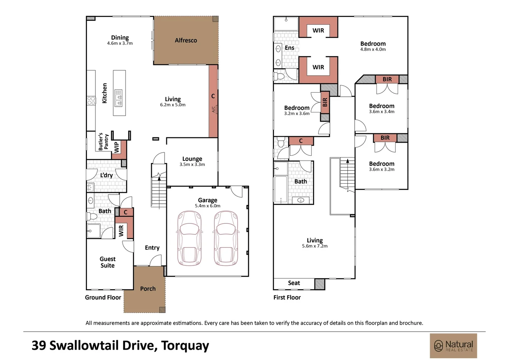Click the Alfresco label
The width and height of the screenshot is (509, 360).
pyautogui.click(x=186, y=40)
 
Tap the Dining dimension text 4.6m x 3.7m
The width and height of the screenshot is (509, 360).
pyautogui.click(x=120, y=43)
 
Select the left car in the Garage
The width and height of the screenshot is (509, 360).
pyautogui.click(x=189, y=238)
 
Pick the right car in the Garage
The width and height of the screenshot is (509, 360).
pyautogui.click(x=226, y=238)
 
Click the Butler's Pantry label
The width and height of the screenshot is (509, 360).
pyautogui.click(x=103, y=141)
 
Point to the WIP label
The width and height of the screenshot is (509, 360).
pyautogui.click(x=116, y=147)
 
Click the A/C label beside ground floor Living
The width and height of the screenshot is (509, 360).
pyautogui.click(x=214, y=109)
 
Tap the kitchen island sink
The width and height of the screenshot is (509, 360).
pyautogui.click(x=119, y=98)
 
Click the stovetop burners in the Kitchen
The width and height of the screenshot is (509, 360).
pyautogui.click(x=91, y=101)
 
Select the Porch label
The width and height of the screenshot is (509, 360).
pyautogui.click(x=148, y=289)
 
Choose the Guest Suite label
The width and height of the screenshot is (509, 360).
pyautogui.click(x=108, y=262)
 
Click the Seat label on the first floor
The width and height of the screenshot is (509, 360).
pyautogui.click(x=294, y=283)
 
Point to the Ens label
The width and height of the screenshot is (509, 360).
pyautogui.click(x=289, y=48)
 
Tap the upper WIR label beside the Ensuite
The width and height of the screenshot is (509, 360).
pyautogui.click(x=318, y=30)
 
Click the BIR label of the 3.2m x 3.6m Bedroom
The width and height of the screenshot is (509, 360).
pyautogui.click(x=325, y=102)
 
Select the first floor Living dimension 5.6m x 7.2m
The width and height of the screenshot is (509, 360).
pyautogui.click(x=315, y=246)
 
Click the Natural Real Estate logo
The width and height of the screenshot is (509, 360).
pyautogui.click(x=453, y=346)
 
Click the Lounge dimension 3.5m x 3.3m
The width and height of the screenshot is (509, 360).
pyautogui.click(x=192, y=164)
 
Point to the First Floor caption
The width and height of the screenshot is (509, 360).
pyautogui.click(x=287, y=297)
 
